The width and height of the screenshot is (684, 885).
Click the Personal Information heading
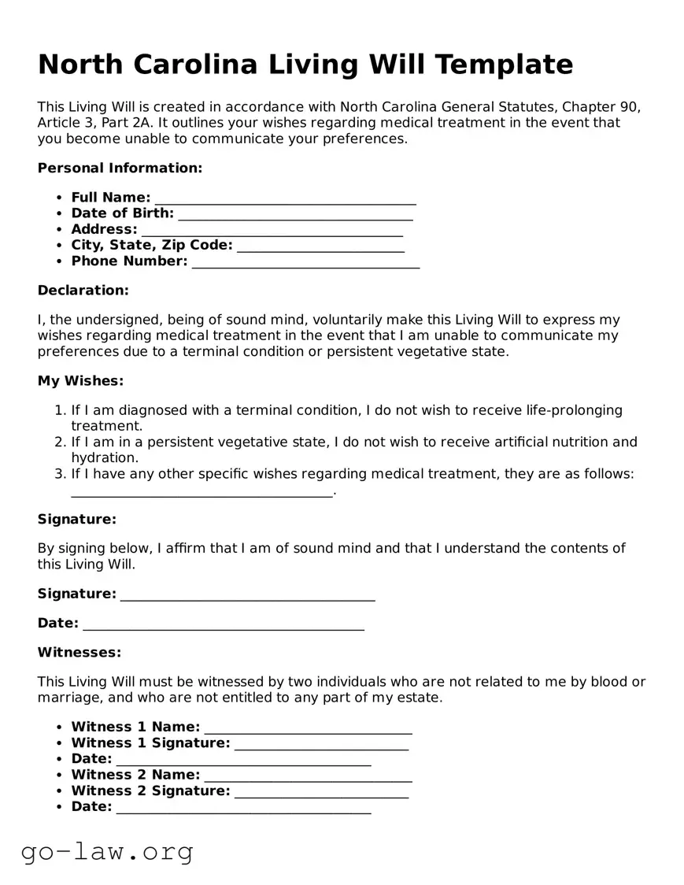(x=120, y=168)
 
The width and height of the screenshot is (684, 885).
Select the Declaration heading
(x=83, y=291)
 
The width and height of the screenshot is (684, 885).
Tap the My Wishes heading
(x=80, y=381)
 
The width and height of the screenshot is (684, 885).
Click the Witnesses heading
(x=79, y=653)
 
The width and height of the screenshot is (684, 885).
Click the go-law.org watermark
(x=107, y=851)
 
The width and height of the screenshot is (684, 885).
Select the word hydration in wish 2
(x=105, y=457)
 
